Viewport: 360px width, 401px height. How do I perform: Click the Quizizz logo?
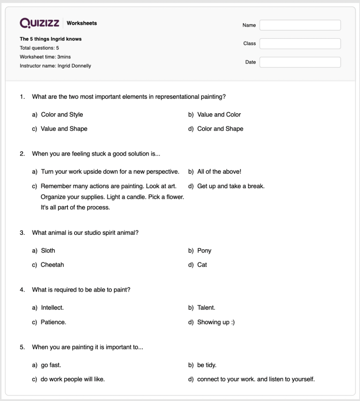click(x=39, y=23)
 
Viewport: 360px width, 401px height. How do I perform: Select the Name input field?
click(x=300, y=25)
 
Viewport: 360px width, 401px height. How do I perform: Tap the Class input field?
click(x=300, y=44)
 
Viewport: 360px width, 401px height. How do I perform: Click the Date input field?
click(x=300, y=62)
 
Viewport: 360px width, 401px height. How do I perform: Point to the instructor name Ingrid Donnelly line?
click(x=55, y=66)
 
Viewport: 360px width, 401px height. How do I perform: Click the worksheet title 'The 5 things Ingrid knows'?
click(x=51, y=39)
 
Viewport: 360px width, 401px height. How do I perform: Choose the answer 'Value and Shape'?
click(x=64, y=129)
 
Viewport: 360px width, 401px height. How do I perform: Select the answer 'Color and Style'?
click(x=62, y=114)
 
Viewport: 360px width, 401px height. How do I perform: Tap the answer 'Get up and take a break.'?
click(x=231, y=186)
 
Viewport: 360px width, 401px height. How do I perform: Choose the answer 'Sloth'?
click(x=48, y=250)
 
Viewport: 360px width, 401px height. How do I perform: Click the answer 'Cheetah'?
click(x=52, y=265)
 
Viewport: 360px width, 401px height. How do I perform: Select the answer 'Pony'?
click(x=204, y=250)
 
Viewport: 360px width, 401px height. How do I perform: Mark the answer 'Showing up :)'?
click(x=216, y=322)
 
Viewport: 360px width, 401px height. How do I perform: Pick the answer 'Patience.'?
click(x=53, y=322)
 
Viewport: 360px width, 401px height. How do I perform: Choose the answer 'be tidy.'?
click(x=207, y=365)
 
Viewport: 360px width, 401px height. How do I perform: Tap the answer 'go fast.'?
click(x=51, y=365)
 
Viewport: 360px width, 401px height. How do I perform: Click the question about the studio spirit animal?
click(x=85, y=232)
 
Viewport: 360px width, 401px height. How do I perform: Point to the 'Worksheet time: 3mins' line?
click(x=45, y=57)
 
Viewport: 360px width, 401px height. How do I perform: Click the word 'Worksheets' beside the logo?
click(x=82, y=23)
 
